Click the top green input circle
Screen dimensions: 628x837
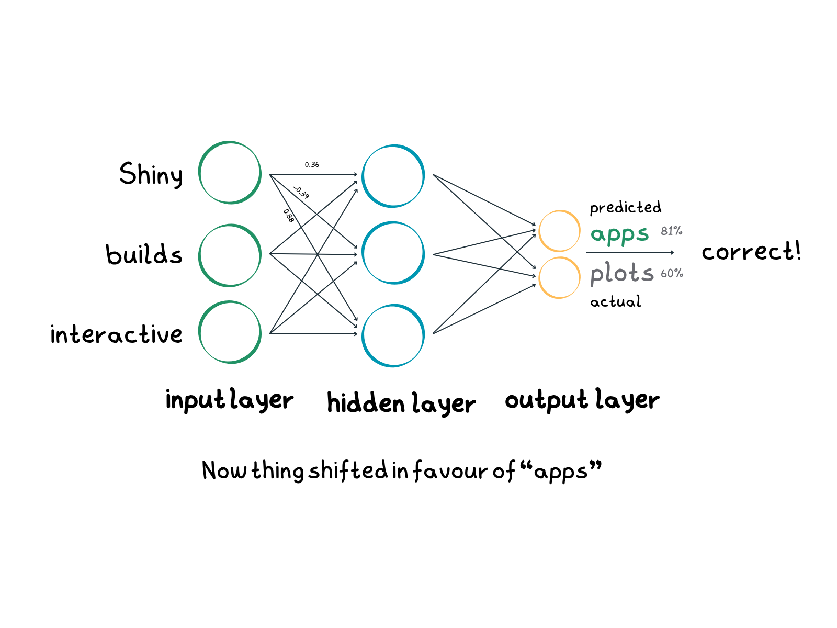point(230,172)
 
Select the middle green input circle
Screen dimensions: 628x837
point(230,255)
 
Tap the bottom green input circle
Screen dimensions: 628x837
point(230,332)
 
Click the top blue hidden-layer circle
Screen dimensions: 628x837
point(393,176)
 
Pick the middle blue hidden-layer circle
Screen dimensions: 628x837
point(393,253)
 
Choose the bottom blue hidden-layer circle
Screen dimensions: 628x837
point(393,335)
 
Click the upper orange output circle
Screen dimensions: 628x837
point(559,231)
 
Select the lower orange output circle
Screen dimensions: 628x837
point(559,277)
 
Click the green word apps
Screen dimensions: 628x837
point(619,234)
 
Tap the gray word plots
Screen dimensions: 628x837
point(621,273)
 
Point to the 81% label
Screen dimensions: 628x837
point(672,231)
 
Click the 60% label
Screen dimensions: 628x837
point(672,273)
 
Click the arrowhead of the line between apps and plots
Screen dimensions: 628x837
point(672,253)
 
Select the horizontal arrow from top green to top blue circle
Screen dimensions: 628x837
point(314,174)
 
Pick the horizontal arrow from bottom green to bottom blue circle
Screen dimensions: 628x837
point(314,333)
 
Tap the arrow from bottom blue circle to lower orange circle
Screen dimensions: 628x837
point(484,309)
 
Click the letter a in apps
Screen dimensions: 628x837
point(597,234)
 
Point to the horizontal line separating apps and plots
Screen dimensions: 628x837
point(628,253)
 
